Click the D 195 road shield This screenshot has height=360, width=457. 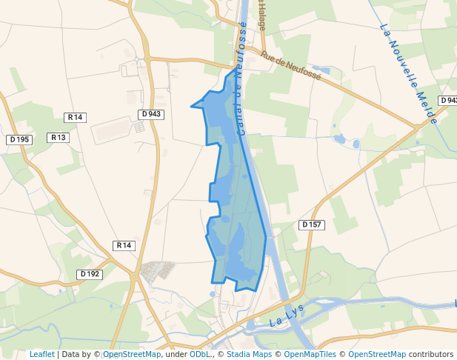point(19,139)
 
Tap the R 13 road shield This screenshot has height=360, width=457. point(58,138)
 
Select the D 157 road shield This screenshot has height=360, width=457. point(311,224)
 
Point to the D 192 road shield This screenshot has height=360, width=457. point(89,274)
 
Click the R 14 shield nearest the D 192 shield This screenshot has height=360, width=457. point(124,245)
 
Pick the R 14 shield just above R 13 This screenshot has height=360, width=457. point(76,117)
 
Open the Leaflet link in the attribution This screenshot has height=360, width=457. point(41,354)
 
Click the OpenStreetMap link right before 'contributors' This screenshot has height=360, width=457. point(377,354)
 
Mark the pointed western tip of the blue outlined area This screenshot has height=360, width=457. point(192,106)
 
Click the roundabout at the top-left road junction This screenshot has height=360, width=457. point(147,58)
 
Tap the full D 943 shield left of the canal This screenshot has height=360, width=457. point(150,114)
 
